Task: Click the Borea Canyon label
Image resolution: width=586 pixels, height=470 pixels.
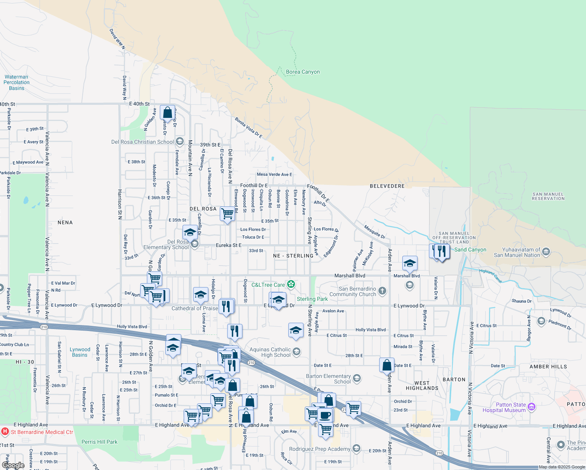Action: point(303,72)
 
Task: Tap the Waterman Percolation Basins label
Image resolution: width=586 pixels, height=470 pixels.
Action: point(16,83)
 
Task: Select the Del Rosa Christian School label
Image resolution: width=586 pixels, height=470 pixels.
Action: point(143,142)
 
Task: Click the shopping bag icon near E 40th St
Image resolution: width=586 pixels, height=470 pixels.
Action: point(167,113)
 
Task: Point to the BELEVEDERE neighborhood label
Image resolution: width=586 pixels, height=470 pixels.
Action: point(387,186)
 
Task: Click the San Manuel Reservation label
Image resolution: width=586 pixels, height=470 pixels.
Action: point(548,196)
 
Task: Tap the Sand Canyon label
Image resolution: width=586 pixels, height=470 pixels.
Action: point(470,250)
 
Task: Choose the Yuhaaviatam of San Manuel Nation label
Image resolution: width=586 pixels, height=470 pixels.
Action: point(517,252)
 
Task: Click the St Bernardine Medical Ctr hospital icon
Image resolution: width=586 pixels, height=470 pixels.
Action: point(5,432)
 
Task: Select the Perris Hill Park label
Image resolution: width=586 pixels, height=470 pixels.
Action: point(99,442)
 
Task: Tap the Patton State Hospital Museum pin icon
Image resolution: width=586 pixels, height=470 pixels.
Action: point(532,407)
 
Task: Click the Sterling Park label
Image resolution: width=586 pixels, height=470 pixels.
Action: point(312,299)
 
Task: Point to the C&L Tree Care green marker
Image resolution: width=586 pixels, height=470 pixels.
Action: point(291,284)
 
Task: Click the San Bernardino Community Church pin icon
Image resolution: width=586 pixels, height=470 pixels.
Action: point(383,291)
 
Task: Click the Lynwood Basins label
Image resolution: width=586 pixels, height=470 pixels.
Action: point(80,352)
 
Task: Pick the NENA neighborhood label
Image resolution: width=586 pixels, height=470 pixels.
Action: point(65,222)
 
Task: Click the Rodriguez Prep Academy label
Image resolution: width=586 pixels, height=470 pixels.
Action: point(320,449)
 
